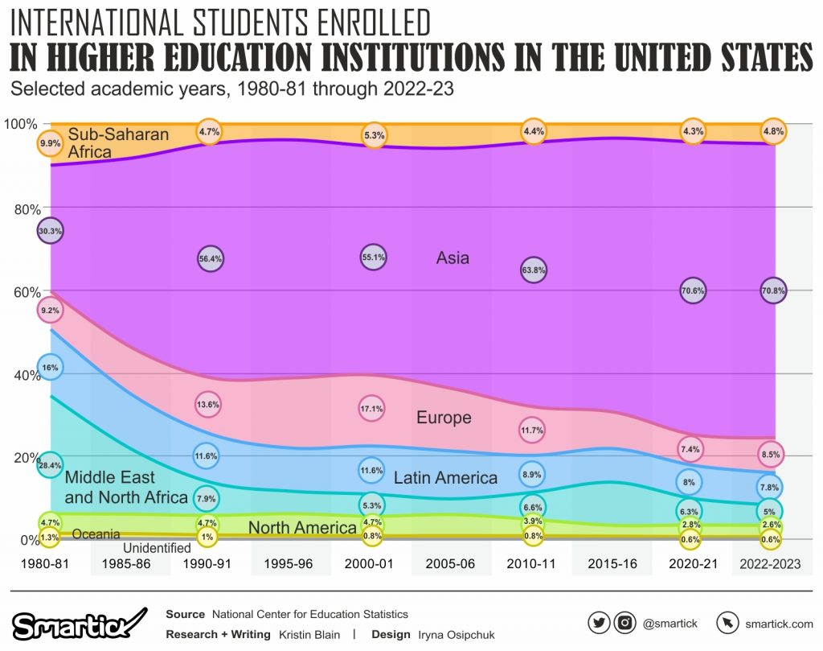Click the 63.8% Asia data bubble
tap(533, 270)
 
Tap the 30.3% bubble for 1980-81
tap(50, 231)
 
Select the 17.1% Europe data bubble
tap(372, 408)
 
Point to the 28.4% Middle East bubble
tap(50, 464)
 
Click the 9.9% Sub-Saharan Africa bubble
tap(50, 143)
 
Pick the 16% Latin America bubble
tap(50, 367)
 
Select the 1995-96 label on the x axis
tap(290, 564)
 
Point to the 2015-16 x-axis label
tap(612, 564)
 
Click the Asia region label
tap(452, 258)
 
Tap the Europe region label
tap(444, 418)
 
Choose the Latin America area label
tap(445, 478)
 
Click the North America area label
tap(302, 528)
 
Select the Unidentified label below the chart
tap(157, 548)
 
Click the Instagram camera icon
tap(624, 623)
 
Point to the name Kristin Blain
tap(309, 634)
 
